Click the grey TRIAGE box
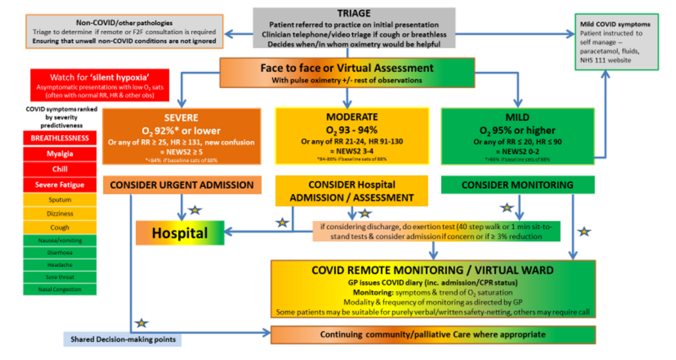coord(353,28)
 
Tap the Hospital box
coord(180,233)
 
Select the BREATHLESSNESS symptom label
coord(59,138)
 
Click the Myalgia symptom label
coord(59,154)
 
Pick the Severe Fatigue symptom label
coord(59,185)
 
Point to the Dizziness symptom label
coord(59,214)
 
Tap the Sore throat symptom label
coord(59,276)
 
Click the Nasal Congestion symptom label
coord(59,289)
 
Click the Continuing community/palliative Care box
coord(433,334)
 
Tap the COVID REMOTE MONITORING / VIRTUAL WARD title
coord(433,270)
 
